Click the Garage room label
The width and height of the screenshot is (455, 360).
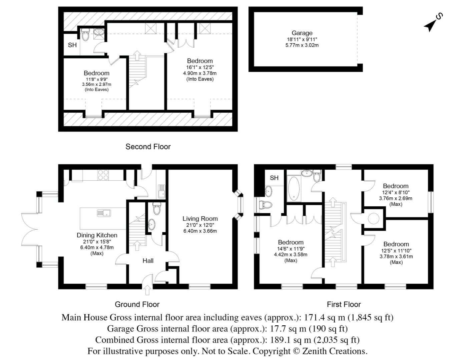click(302, 33)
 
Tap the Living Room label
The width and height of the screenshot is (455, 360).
click(200, 219)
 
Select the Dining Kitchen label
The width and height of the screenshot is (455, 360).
click(97, 235)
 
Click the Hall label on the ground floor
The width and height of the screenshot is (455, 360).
click(148, 261)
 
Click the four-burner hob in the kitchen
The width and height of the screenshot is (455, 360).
click(103, 175)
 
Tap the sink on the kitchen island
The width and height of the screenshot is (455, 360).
click(104, 213)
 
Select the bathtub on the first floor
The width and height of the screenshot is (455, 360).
click(294, 189)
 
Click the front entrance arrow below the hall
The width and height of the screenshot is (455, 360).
click(147, 290)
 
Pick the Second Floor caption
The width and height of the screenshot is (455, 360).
click(148, 147)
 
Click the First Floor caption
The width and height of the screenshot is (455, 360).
click(344, 304)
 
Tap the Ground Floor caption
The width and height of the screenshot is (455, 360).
click(137, 304)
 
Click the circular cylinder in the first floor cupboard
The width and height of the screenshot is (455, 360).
click(374, 218)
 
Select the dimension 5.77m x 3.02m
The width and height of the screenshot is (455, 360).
click(302, 45)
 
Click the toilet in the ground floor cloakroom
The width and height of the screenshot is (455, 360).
click(157, 208)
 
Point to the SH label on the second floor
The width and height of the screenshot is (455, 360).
click(72, 45)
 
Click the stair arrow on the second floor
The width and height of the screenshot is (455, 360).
click(137, 55)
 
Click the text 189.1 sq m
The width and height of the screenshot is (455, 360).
click(288, 340)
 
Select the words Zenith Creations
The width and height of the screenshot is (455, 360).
click(335, 351)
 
